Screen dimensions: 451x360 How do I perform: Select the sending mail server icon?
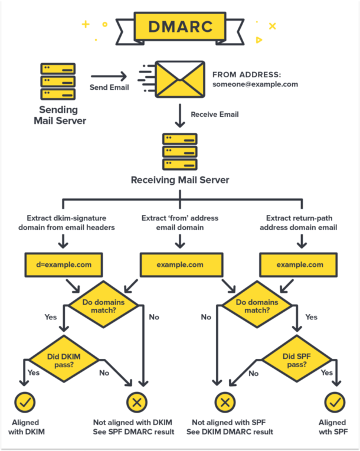58,81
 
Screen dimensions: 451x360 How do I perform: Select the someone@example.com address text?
255,84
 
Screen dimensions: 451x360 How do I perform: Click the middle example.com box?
180,264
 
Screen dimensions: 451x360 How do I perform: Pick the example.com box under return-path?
299,264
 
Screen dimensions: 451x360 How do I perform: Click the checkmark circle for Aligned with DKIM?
25,403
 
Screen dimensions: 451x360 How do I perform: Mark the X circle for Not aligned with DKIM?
136,403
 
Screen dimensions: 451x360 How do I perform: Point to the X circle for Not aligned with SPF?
224,403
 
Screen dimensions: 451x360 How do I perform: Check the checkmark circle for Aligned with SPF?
335,403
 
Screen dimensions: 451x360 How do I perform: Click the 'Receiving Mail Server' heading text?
179,179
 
